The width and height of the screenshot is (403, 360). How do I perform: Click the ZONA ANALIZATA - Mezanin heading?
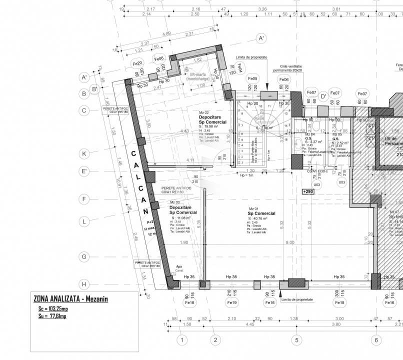(x=70, y=299)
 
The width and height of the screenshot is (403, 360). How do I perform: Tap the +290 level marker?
(x=308, y=191)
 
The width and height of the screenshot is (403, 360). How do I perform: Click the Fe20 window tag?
(x=137, y=63)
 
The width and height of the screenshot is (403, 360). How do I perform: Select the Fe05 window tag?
(x=252, y=79)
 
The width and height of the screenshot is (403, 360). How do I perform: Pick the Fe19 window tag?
(x=231, y=302)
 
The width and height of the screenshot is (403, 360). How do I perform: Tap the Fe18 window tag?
(x=339, y=302)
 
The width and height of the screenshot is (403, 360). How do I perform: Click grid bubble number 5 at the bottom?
(x=296, y=340)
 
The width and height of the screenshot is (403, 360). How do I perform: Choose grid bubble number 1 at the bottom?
(x=182, y=340)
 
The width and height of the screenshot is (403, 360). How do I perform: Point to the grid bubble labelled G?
(x=84, y=257)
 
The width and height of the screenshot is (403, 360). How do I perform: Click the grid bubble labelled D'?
(x=323, y=95)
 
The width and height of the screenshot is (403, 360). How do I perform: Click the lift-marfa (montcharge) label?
(x=198, y=76)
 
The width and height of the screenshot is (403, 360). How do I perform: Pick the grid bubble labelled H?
(x=84, y=284)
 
